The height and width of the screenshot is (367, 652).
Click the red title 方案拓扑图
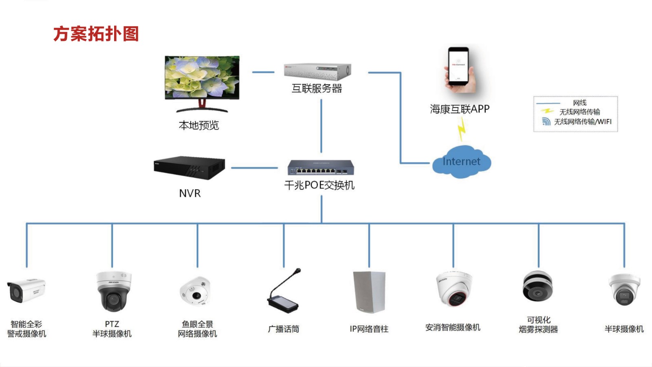(x=96, y=34)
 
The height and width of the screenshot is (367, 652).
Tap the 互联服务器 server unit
(x=317, y=72)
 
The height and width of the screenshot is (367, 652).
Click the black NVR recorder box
(x=189, y=167)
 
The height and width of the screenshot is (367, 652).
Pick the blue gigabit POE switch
(x=321, y=167)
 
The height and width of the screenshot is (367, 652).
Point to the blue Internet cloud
(x=461, y=162)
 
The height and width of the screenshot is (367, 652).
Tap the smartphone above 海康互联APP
(x=460, y=69)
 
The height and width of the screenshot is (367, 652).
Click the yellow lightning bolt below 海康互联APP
(x=461, y=129)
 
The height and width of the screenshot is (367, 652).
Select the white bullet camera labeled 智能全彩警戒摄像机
(x=26, y=291)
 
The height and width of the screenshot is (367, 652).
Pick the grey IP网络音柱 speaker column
(x=369, y=292)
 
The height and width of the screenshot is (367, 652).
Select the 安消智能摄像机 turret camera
(x=454, y=289)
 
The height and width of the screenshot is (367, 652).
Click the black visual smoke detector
(x=537, y=287)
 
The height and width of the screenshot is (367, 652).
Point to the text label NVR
(x=190, y=193)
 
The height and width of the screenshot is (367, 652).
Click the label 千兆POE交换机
(x=319, y=186)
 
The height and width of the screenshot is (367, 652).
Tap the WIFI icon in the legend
(x=546, y=122)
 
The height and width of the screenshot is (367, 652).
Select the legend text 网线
(x=579, y=103)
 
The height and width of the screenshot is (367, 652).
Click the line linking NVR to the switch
(x=254, y=168)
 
